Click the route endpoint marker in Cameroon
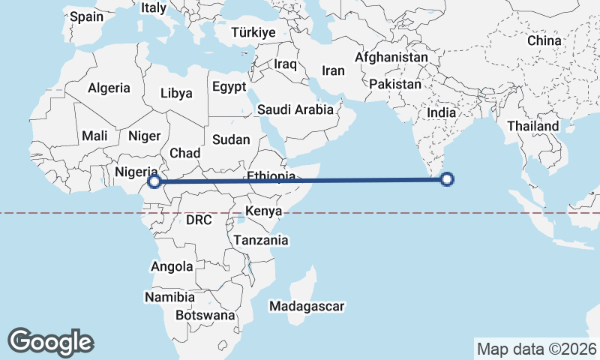[154, 181]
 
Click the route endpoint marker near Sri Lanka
[447, 179]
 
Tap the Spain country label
[87, 15]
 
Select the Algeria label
[109, 88]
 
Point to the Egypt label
[229, 86]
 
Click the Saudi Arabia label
[295, 109]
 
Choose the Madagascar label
[307, 306]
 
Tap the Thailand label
[532, 126]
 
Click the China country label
[544, 40]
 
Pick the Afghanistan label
[391, 57]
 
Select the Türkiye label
[253, 33]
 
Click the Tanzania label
[261, 240]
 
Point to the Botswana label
[205, 315]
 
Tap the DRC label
[199, 220]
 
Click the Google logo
[50, 342]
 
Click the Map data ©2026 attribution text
[536, 349]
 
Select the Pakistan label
[395, 84]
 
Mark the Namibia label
[170, 297]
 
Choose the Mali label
[95, 136]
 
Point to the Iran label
[333, 70]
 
